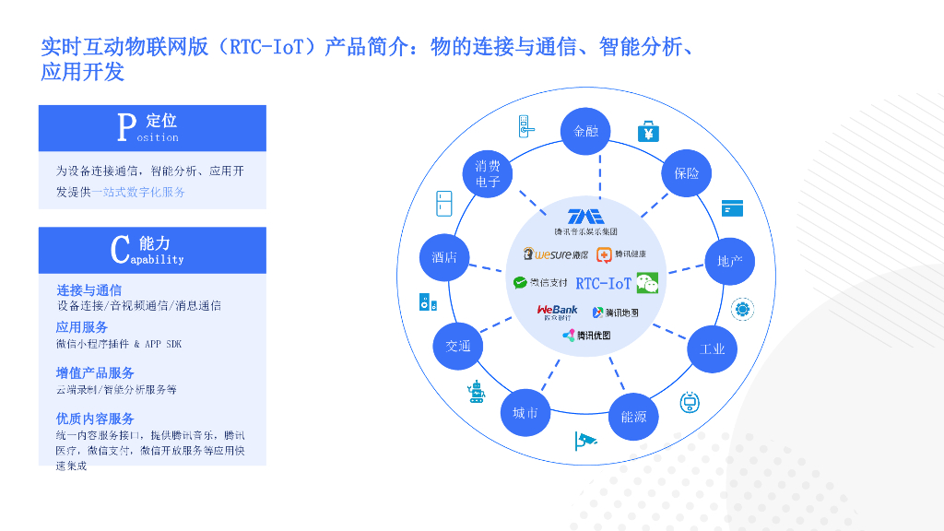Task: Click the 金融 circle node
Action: click(x=586, y=131)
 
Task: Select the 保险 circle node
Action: click(x=687, y=172)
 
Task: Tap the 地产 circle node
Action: click(x=729, y=261)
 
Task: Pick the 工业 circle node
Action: click(x=713, y=348)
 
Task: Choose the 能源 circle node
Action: click(x=633, y=417)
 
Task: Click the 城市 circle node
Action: click(x=525, y=412)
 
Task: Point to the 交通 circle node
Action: click(x=458, y=346)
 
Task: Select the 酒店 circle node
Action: click(x=444, y=257)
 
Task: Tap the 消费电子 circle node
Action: click(x=488, y=173)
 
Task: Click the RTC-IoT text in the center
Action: click(x=604, y=283)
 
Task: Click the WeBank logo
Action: click(x=557, y=312)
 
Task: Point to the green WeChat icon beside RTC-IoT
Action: click(x=647, y=283)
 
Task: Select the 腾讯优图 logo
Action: click(x=586, y=336)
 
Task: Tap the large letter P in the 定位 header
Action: click(x=125, y=128)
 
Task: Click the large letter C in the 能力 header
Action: click(x=119, y=250)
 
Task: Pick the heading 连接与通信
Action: click(x=88, y=289)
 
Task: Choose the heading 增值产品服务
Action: click(x=95, y=372)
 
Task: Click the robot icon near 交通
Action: click(x=476, y=392)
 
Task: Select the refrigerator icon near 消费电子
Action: click(x=444, y=204)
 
